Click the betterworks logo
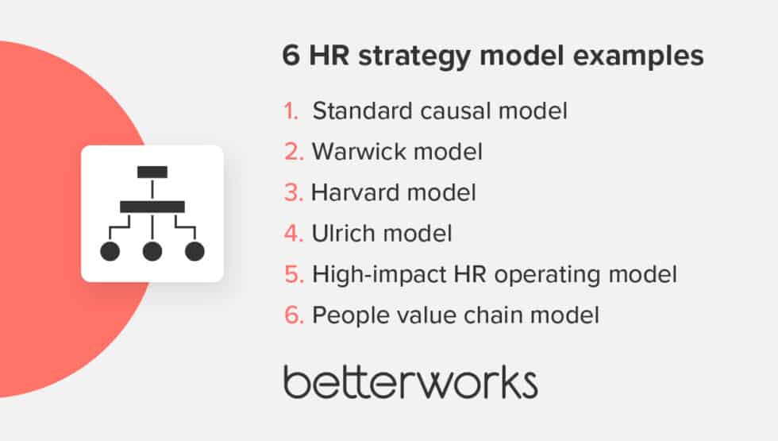tap(410, 382)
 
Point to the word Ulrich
tap(338, 234)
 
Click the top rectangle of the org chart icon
tap(152, 172)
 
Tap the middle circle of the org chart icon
tap(152, 252)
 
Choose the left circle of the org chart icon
tap(110, 252)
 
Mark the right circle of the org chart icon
tap(194, 252)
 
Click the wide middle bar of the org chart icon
tap(152, 207)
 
